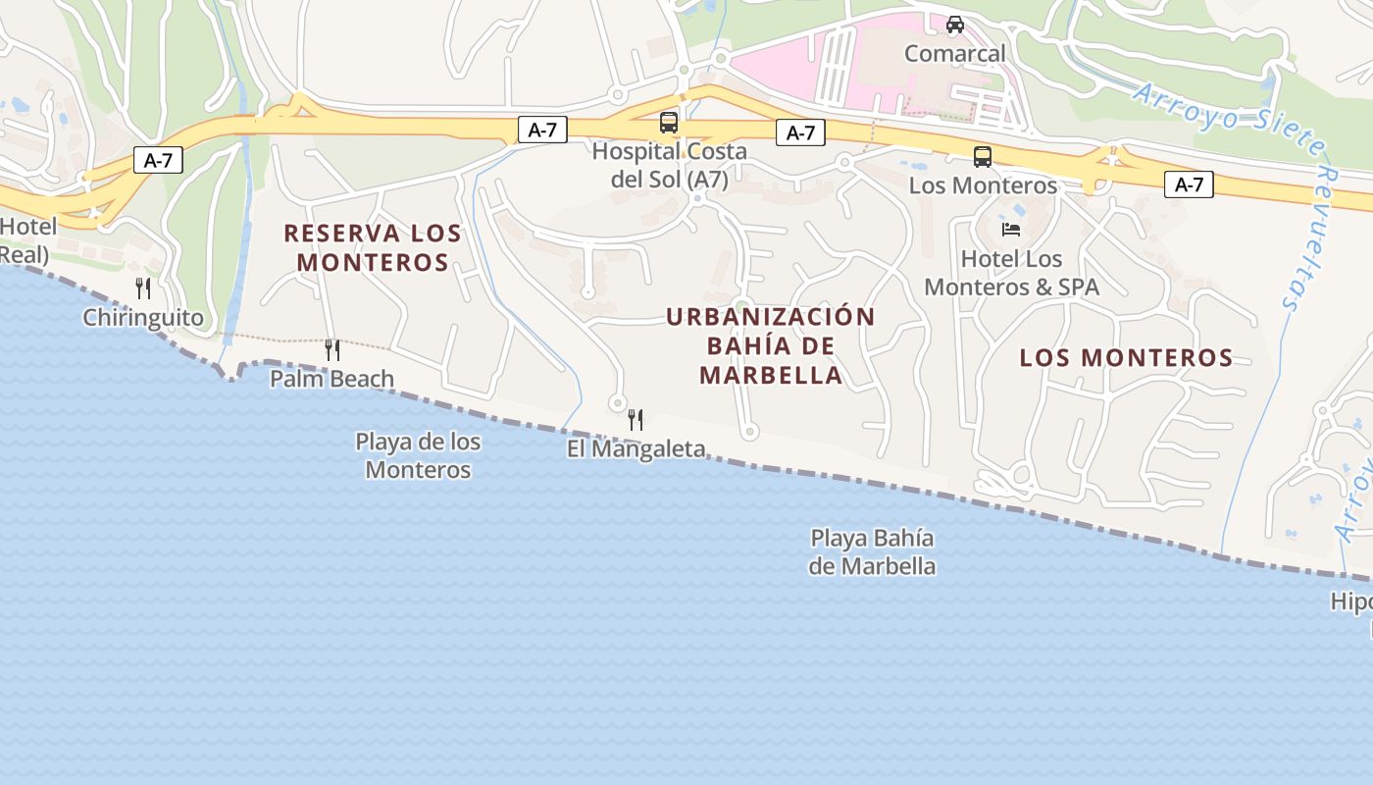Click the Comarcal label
click(x=954, y=53)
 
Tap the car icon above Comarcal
click(x=954, y=25)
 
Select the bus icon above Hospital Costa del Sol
click(x=669, y=123)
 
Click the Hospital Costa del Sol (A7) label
click(x=669, y=165)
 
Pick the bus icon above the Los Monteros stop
click(x=982, y=157)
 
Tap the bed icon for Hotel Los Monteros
click(x=1011, y=230)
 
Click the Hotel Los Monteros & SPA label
click(x=1011, y=273)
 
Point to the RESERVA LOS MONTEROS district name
click(x=373, y=247)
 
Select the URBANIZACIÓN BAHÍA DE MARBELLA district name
click(x=771, y=345)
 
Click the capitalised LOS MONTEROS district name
click(x=1126, y=357)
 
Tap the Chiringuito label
click(x=143, y=317)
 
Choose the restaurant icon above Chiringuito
click(x=143, y=288)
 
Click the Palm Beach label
click(x=331, y=378)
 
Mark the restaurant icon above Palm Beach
click(x=332, y=349)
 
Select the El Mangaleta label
click(x=636, y=448)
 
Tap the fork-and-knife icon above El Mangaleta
click(x=636, y=420)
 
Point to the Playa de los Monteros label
click(x=418, y=455)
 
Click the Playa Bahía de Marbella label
click(x=871, y=551)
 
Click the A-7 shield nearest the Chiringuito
click(x=158, y=160)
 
